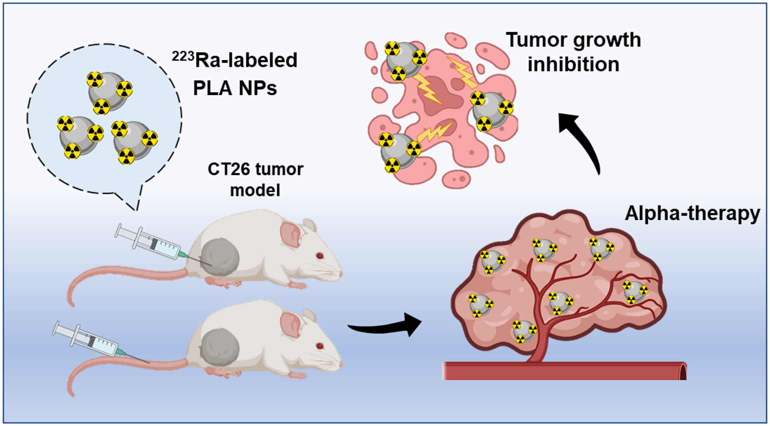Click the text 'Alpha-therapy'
(692, 213)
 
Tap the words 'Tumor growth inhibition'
(573, 52)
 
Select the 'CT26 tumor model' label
(255, 179)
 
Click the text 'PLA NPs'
(235, 88)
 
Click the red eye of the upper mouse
(320, 256)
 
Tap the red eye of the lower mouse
(320, 346)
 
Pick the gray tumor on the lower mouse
(220, 347)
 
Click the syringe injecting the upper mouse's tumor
(152, 243)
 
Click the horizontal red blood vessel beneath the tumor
(565, 371)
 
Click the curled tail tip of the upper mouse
(72, 300)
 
